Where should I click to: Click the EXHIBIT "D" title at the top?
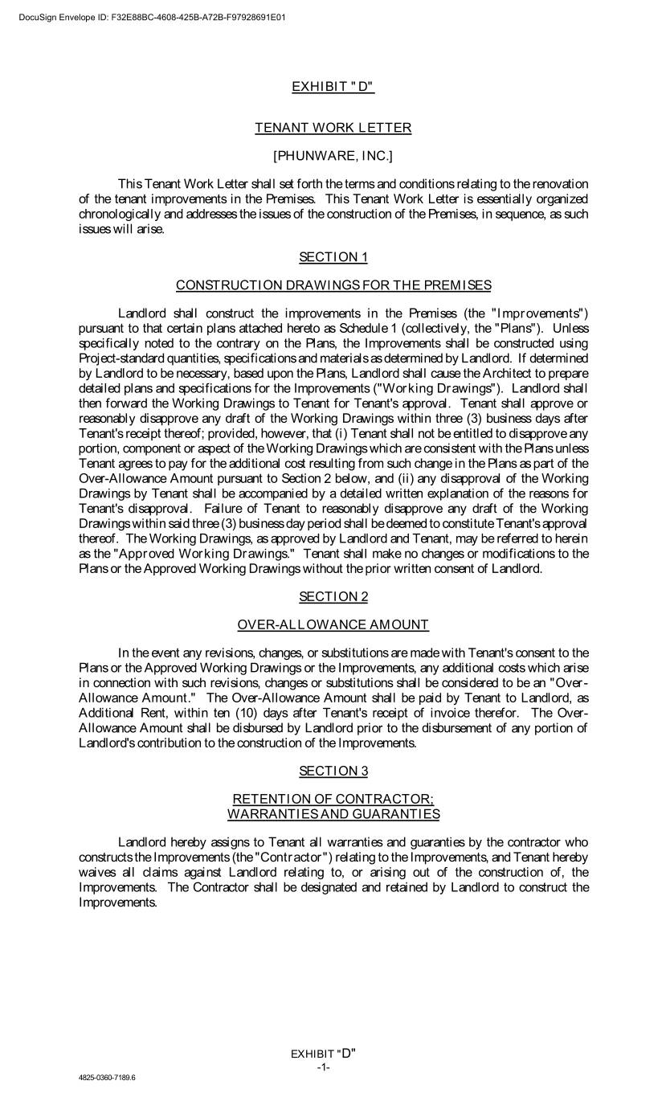point(333,87)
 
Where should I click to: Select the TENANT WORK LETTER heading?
point(333,128)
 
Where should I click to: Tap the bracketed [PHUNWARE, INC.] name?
point(333,155)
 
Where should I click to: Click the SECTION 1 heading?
point(333,257)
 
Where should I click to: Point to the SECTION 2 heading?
point(333,596)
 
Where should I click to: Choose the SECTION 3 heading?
point(333,771)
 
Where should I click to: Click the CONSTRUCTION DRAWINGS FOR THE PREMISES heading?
point(333,285)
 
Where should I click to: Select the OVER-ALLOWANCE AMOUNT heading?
point(333,624)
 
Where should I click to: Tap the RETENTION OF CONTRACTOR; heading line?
point(333,799)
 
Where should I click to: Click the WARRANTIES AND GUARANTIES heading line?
point(333,814)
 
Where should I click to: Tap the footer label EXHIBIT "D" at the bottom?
point(323,1054)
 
